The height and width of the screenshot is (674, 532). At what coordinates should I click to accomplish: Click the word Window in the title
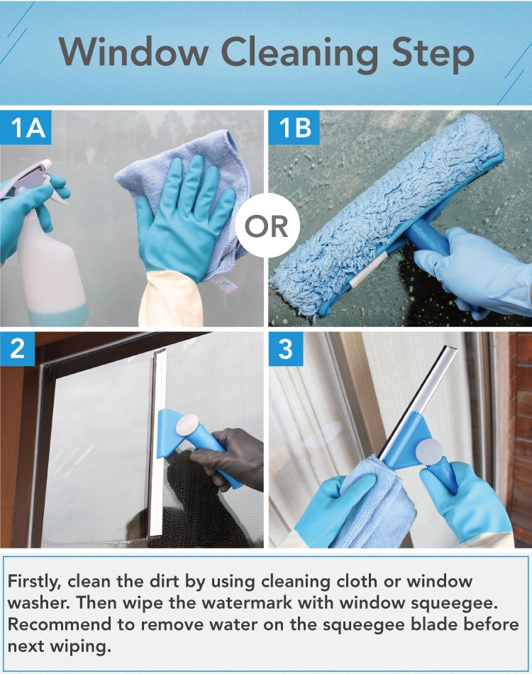click(133, 52)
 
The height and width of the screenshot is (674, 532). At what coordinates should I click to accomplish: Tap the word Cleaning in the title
click(299, 55)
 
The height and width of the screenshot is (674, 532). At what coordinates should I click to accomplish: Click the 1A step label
click(26, 128)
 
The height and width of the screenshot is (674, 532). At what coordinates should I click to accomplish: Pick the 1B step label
click(294, 128)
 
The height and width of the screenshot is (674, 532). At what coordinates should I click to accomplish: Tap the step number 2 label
click(17, 348)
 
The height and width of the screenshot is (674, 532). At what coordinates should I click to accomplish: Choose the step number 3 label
click(286, 348)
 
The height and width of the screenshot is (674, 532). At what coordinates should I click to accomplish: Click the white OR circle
click(267, 225)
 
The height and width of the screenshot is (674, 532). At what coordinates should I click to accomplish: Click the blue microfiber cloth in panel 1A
click(189, 194)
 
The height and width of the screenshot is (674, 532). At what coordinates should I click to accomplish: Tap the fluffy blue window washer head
click(387, 215)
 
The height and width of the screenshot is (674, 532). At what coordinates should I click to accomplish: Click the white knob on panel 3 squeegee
click(428, 451)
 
